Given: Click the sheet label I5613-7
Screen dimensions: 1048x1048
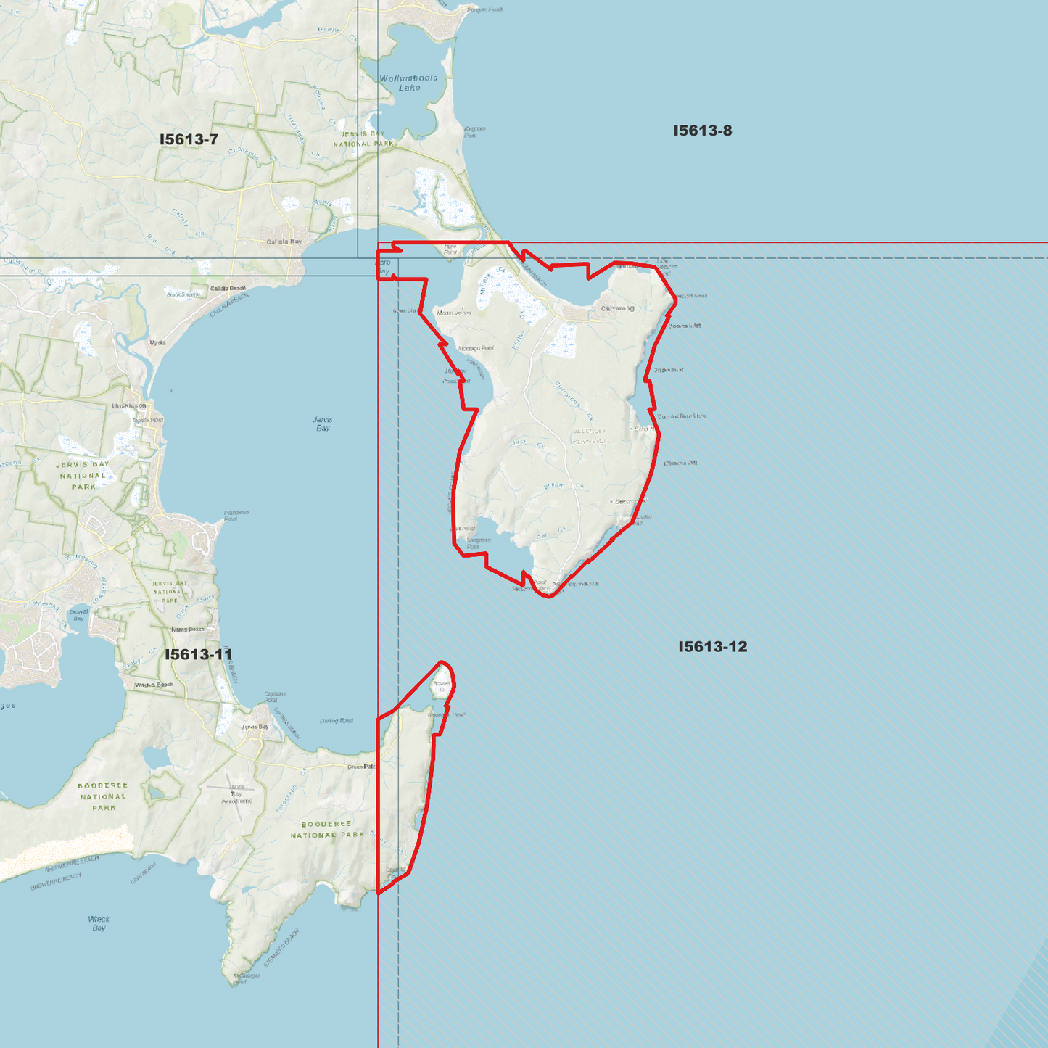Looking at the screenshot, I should [x=189, y=139].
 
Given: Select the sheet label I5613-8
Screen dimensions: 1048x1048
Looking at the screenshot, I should [x=702, y=131].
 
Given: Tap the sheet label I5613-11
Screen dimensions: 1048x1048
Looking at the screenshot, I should [x=199, y=654].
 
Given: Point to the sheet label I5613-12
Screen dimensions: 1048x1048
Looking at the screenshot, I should [x=712, y=646].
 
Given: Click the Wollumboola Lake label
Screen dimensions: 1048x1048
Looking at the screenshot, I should [x=409, y=83].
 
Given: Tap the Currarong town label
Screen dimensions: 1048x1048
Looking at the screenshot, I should [x=617, y=308].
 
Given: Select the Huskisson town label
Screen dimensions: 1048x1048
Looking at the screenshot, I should [x=129, y=406].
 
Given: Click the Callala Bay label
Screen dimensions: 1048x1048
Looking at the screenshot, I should [x=284, y=242].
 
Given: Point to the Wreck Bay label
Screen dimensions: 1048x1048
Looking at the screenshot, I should [x=99, y=923].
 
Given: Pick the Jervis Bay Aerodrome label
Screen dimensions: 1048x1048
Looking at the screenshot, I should [x=236, y=794].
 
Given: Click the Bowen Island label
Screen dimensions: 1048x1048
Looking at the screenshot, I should [x=441, y=686].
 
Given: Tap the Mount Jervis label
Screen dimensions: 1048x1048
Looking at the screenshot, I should [x=454, y=313].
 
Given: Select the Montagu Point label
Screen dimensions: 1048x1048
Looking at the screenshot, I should [x=476, y=348].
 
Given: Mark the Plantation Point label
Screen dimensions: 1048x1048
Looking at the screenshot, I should [x=236, y=516].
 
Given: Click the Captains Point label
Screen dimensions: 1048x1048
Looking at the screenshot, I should [x=274, y=696].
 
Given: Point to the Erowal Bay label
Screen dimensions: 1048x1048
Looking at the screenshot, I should [x=78, y=615].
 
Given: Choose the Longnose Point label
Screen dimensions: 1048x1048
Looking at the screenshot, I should [x=479, y=543].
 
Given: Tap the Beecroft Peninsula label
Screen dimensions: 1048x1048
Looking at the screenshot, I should [x=590, y=436].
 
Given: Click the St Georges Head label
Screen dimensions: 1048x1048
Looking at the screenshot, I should [x=247, y=978].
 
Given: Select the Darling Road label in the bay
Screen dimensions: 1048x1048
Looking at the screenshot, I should [x=337, y=721].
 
